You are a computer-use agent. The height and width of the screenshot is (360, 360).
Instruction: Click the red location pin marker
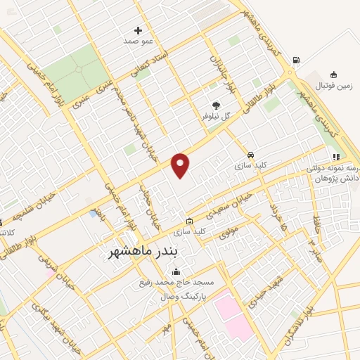pos(181,165)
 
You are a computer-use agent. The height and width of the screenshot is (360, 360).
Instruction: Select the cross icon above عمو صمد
pos(138,31)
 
